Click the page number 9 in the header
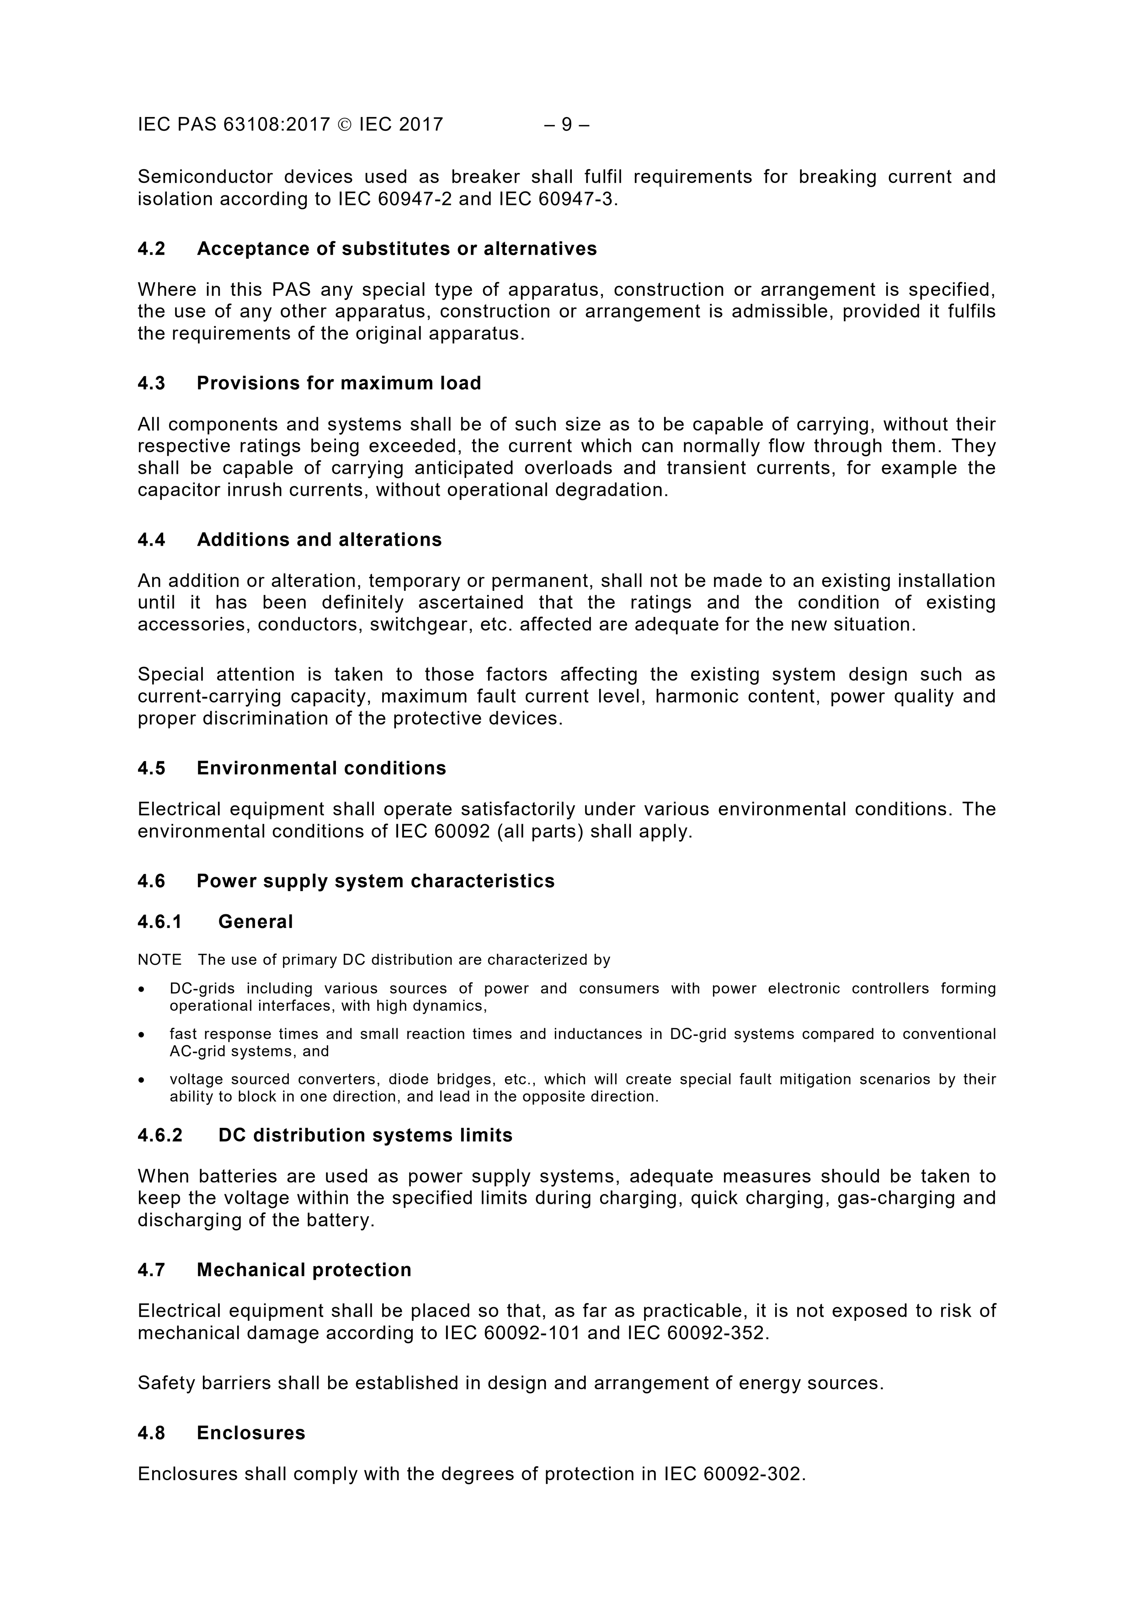[567, 124]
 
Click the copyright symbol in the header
[345, 124]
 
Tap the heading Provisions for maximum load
[339, 383]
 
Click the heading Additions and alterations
[319, 540]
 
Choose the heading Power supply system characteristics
[375, 881]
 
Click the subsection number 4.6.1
[160, 922]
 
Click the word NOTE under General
[160, 960]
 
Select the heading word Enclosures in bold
[251, 1433]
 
